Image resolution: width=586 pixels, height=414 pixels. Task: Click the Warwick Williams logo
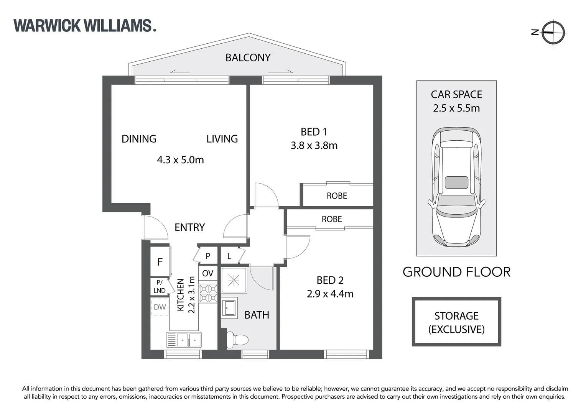pos(85,25)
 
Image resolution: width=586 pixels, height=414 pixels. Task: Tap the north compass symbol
pos(553,33)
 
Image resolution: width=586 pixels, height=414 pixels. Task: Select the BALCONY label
pos(248,58)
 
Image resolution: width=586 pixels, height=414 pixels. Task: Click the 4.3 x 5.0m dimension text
pos(180,159)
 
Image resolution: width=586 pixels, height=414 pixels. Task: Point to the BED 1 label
pos(314,132)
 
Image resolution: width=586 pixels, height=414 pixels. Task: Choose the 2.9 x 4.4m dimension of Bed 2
pos(330,294)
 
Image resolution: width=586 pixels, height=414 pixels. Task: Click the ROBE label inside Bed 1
pos(337,196)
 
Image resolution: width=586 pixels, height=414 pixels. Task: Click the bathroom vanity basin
pos(230,309)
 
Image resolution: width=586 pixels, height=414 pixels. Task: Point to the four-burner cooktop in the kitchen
pos(208,293)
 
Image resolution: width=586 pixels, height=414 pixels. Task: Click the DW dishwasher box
pos(160,307)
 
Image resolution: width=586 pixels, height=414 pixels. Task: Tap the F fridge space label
pos(160,262)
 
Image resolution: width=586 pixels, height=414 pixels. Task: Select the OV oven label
pos(207,273)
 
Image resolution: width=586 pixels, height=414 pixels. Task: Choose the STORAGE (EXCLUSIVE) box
pos(456,322)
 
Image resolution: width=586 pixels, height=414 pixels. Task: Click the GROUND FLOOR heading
pos(456,272)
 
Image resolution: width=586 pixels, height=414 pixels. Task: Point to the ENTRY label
pos(189,227)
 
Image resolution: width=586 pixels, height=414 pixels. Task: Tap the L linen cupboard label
pos(229,256)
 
